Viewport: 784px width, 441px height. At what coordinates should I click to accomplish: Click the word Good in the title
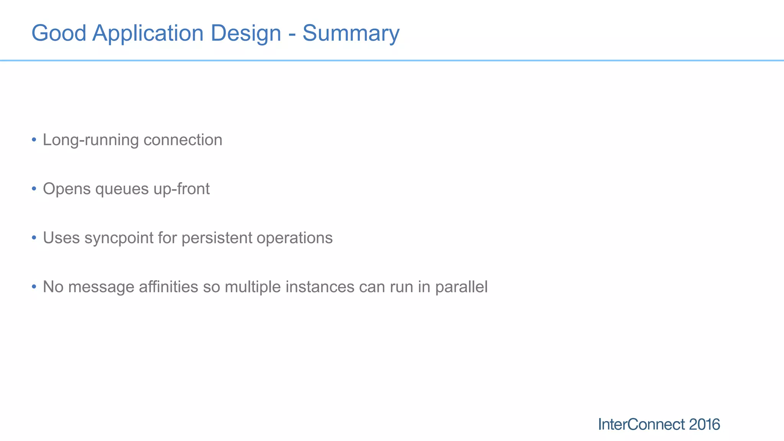59,33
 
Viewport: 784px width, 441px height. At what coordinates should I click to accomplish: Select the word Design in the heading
245,33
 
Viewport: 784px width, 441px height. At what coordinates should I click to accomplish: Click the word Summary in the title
351,33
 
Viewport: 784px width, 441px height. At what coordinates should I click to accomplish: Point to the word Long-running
90,140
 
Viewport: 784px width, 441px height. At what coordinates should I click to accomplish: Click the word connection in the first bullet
183,140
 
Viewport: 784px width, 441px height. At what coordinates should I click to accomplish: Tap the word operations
294,238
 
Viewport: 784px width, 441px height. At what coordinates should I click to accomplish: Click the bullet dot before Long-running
34,139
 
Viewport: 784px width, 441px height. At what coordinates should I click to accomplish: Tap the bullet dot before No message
34,286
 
